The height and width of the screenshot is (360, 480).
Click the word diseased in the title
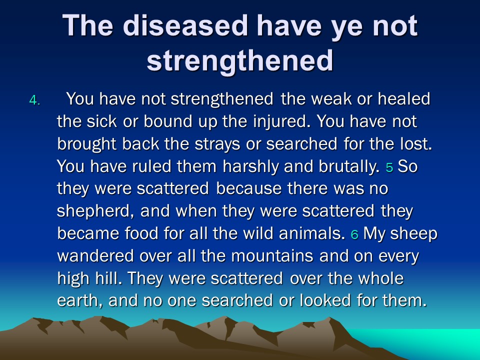pyautogui.click(x=185, y=25)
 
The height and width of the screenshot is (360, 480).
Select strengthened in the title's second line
pyautogui.click(x=239, y=60)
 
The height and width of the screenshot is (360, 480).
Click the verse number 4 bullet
pyautogui.click(x=34, y=100)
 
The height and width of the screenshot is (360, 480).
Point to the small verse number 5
pyautogui.click(x=389, y=167)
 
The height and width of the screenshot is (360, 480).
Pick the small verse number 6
pyautogui.click(x=354, y=234)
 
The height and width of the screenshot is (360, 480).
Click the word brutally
pyautogui.click(x=349, y=166)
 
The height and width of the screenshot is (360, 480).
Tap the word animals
pyautogui.click(x=312, y=233)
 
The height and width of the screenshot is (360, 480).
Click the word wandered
pyautogui.click(x=95, y=256)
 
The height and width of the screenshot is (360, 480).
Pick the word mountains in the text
pyautogui.click(x=272, y=256)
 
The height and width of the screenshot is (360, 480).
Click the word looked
pyautogui.click(x=325, y=300)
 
